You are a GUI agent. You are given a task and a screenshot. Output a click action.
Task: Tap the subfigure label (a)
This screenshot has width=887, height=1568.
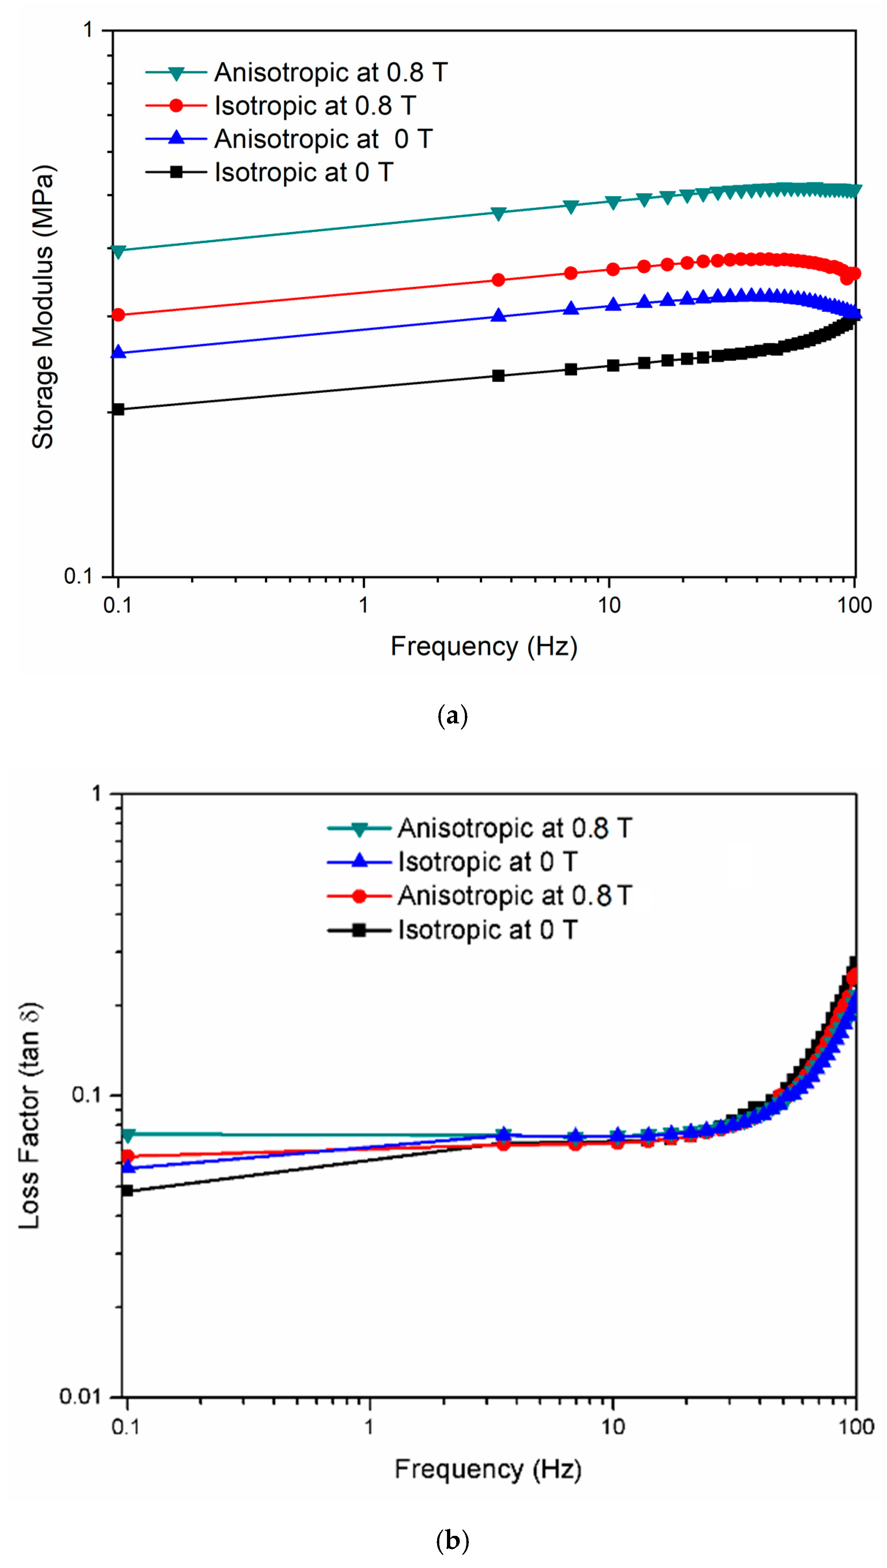[x=452, y=715]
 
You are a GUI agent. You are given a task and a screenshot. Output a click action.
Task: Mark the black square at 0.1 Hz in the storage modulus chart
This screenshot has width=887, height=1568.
[x=118, y=409]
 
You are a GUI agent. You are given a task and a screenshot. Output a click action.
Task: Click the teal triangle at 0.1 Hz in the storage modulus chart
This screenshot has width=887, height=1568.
[x=118, y=251]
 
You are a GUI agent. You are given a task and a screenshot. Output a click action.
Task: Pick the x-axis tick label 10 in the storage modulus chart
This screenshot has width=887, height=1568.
[x=609, y=605]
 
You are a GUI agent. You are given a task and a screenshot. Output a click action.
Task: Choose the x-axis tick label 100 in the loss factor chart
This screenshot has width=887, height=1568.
[x=856, y=1427]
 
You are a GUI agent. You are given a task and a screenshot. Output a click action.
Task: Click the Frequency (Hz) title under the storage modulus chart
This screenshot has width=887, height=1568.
[x=484, y=646]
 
